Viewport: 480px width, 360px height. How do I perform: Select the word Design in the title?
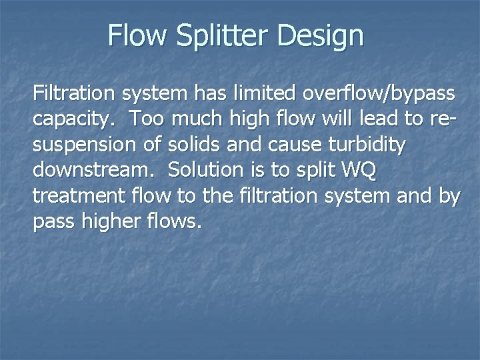[x=321, y=35]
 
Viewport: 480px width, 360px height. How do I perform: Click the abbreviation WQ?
[x=359, y=170]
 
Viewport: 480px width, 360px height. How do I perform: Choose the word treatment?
[x=81, y=197]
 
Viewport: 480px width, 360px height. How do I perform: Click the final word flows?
[x=175, y=222]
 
